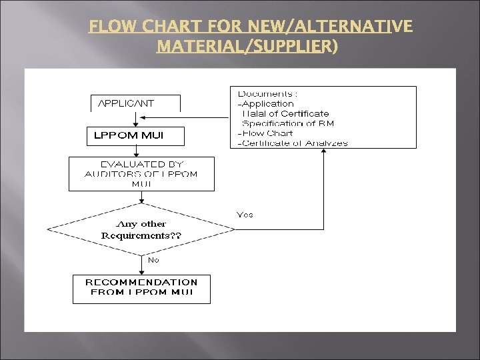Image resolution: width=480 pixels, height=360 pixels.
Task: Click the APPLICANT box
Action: click(x=135, y=103)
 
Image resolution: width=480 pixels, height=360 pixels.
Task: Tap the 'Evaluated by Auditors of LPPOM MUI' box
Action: click(x=141, y=174)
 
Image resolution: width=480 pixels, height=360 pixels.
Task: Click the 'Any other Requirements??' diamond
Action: click(x=141, y=229)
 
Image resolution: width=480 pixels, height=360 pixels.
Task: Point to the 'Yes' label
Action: click(x=245, y=215)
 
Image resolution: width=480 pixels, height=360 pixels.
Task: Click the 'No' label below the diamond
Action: click(x=153, y=260)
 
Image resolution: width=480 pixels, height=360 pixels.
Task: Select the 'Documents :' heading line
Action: click(x=268, y=94)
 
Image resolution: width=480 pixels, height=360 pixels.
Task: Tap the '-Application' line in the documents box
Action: click(x=266, y=104)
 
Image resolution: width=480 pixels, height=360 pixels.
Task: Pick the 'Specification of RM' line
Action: click(x=288, y=123)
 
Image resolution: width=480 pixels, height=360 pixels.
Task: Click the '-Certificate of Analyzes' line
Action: click(x=293, y=143)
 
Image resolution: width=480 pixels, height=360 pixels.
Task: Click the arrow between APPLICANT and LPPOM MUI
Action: click(x=135, y=119)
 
